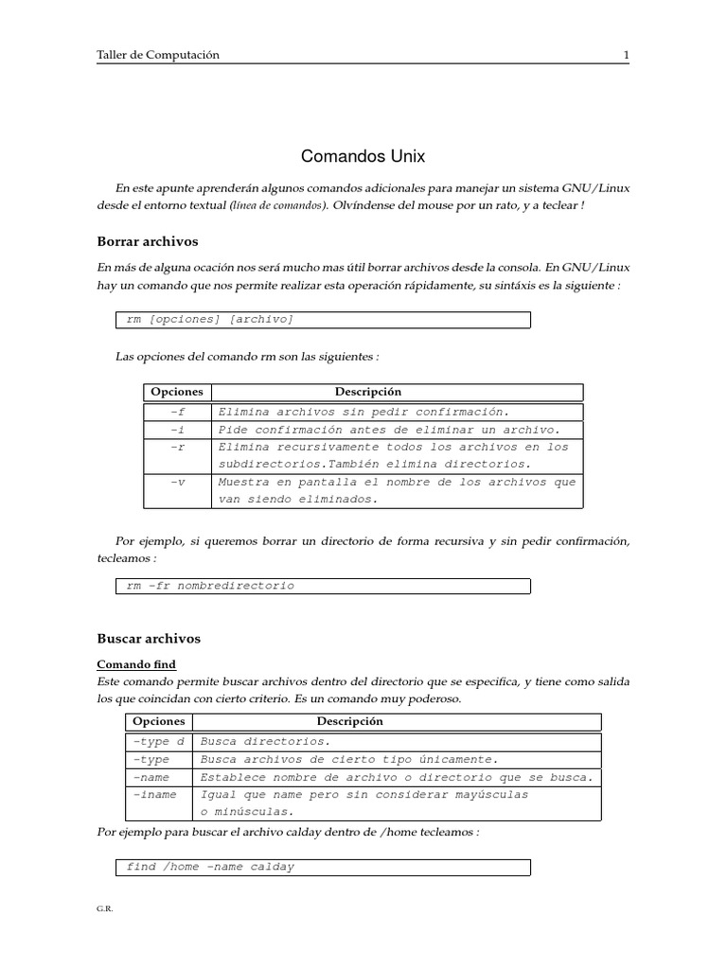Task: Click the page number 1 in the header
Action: [626, 55]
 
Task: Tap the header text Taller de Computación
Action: [158, 55]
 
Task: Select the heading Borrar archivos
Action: [148, 241]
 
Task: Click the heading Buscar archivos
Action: [149, 639]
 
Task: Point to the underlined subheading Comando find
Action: [136, 664]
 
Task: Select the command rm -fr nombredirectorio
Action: [210, 586]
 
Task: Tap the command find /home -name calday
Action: [210, 867]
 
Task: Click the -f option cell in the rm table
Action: [178, 412]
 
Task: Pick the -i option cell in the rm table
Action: [178, 430]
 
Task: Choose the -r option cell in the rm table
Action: [178, 447]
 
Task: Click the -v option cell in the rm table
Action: [178, 482]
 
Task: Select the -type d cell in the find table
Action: [158, 741]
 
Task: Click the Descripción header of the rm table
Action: [368, 392]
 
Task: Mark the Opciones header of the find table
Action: [159, 721]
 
